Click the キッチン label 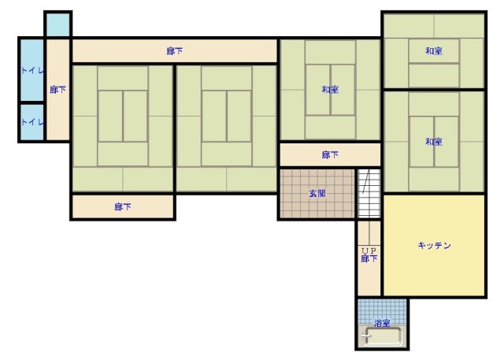(x=434, y=246)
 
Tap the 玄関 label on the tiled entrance (x=317, y=194)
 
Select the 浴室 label (x=382, y=323)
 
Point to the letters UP (x=369, y=251)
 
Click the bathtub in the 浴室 (x=383, y=336)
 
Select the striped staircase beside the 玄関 (x=369, y=194)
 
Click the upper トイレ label (x=32, y=71)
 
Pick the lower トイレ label (x=32, y=122)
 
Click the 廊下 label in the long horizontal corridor (x=175, y=50)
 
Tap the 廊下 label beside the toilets (x=57, y=89)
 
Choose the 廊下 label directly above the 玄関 (x=330, y=155)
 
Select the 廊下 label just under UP (x=369, y=258)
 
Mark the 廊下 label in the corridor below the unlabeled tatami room (x=123, y=206)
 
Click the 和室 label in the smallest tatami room (x=434, y=50)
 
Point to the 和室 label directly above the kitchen (x=434, y=142)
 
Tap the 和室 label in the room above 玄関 (x=330, y=89)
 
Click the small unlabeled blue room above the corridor (x=57, y=24)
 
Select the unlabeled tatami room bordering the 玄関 (x=227, y=128)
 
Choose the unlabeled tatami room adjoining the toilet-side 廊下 (x=123, y=128)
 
